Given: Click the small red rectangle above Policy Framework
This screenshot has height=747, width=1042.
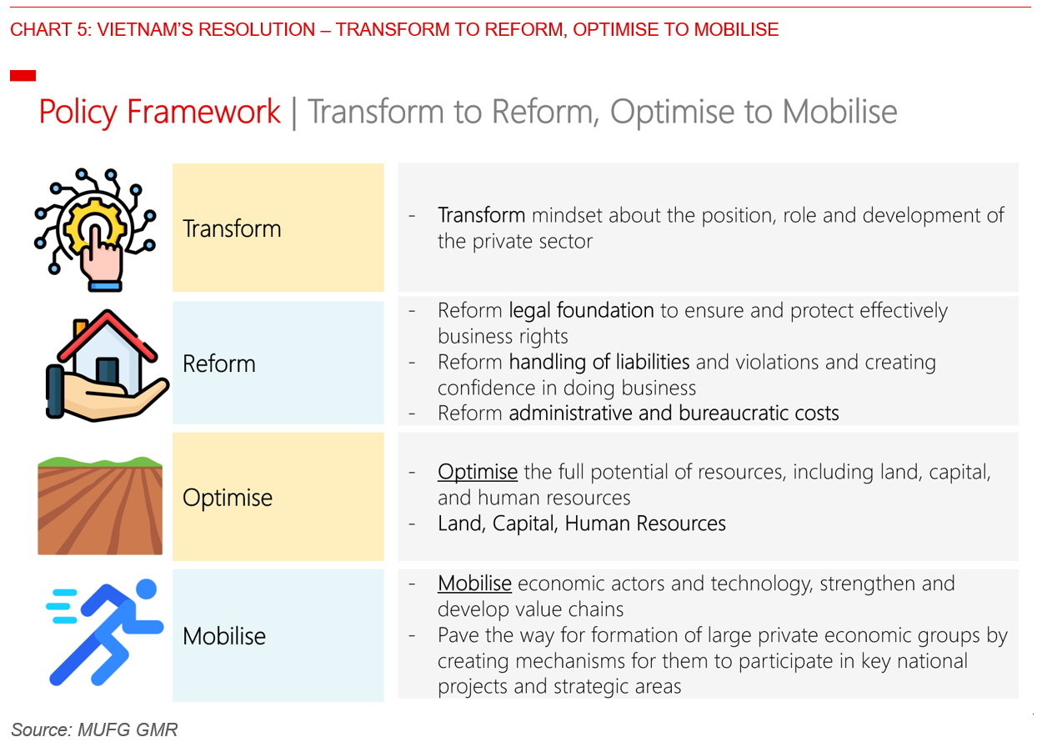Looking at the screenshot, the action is [x=23, y=75].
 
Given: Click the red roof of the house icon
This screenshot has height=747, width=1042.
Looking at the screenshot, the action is [x=107, y=335].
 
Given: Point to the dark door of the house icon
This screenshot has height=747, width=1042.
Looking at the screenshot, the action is [x=107, y=371].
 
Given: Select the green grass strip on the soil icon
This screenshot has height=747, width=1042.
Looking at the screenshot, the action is [x=100, y=462].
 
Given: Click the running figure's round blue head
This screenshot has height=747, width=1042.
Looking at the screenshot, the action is [x=146, y=589].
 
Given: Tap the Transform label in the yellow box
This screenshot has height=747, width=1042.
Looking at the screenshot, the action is [x=232, y=228].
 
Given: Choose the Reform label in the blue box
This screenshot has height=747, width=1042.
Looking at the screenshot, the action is [x=219, y=363].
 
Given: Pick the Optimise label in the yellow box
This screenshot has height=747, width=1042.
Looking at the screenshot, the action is [x=227, y=499].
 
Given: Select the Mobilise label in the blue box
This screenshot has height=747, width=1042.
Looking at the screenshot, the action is [x=223, y=636].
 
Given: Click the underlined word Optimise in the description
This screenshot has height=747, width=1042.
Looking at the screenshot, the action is [x=478, y=472].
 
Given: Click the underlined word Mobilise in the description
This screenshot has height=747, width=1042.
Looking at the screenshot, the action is [x=474, y=584].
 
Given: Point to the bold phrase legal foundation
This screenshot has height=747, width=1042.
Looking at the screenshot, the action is [x=581, y=311].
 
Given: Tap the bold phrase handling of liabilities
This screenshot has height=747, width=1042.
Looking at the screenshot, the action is [x=599, y=362].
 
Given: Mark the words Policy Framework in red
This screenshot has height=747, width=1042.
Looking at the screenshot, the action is [x=159, y=113].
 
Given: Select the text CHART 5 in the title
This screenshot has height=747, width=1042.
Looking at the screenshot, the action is [x=50, y=29].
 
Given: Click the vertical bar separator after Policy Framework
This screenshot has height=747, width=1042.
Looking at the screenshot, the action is [x=294, y=113].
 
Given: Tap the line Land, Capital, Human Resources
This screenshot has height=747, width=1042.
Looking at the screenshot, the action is [x=582, y=524].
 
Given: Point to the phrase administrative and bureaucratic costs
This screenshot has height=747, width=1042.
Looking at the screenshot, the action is [x=674, y=413].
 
